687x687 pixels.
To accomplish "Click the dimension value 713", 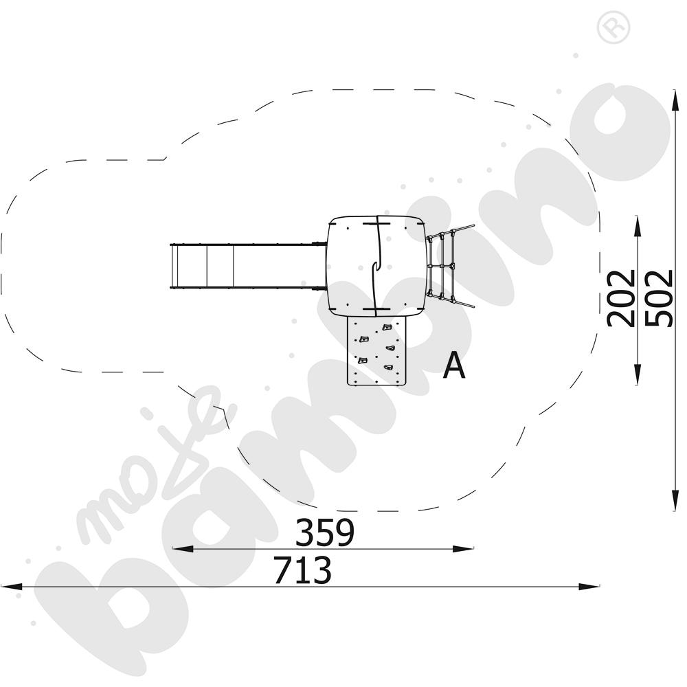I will click(302, 570).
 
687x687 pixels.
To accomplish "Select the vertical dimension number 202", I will click(622, 298).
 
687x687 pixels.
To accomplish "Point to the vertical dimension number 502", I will click(660, 298).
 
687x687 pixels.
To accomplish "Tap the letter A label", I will click(453, 365).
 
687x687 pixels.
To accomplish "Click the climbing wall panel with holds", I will click(376, 350).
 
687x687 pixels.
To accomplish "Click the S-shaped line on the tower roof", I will click(376, 265).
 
